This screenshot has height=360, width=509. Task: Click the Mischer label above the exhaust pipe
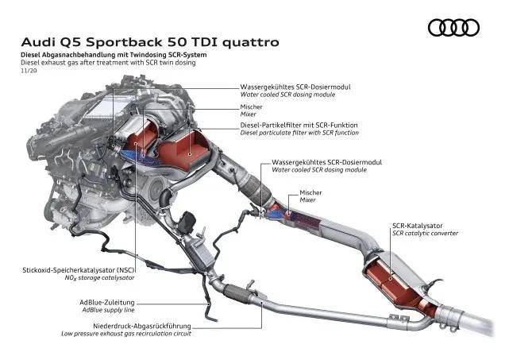[310, 192]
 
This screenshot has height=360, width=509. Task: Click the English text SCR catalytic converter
[424, 234]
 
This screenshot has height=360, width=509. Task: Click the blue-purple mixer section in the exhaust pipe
[277, 211]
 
